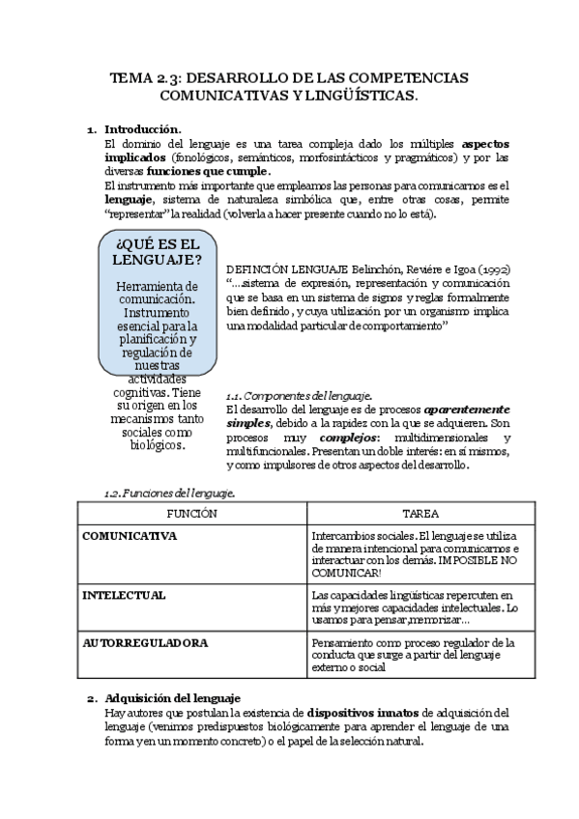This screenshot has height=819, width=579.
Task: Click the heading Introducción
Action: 142,128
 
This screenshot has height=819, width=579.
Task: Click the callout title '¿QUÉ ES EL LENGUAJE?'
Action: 157,250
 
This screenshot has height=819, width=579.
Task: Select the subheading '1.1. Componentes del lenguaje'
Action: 299,396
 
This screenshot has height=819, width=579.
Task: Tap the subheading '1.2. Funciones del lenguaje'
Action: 169,493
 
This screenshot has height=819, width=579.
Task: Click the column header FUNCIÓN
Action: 191,515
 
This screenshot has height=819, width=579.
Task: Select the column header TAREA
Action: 420,515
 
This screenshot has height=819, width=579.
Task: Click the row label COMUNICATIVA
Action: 130,536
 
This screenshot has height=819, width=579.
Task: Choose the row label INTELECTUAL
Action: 124,595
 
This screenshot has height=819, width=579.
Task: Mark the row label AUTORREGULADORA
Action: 145,642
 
